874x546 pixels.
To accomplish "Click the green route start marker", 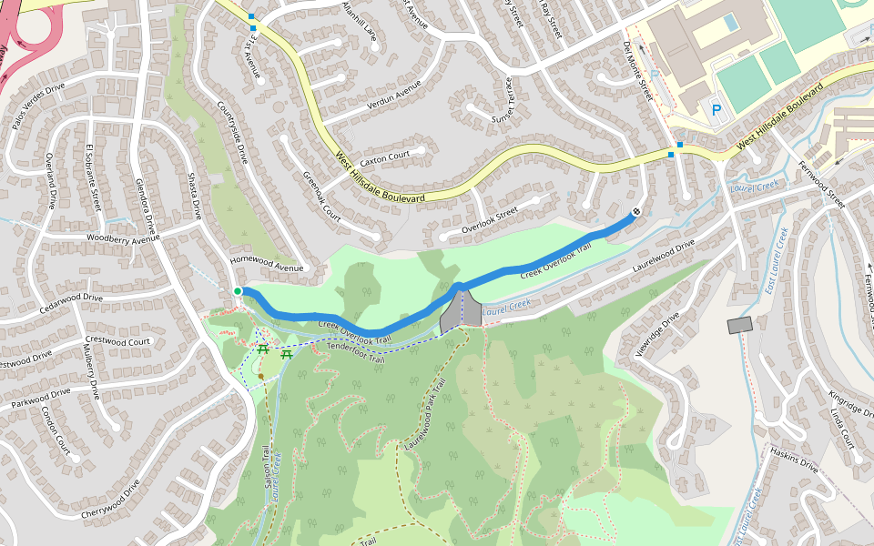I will click(238, 291).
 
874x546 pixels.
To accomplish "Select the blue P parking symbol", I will click(716, 111).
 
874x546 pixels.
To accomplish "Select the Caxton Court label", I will click(385, 156).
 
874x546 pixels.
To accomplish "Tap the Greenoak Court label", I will click(320, 196).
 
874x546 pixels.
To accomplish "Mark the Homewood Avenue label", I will click(266, 263).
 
